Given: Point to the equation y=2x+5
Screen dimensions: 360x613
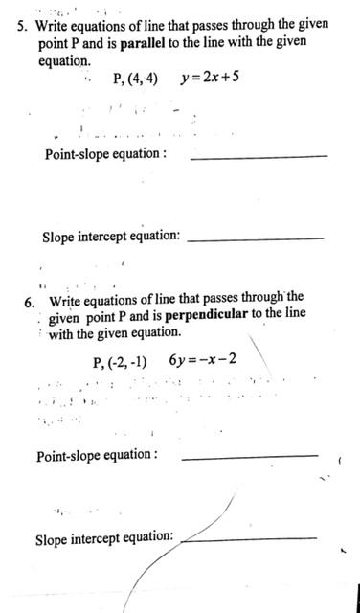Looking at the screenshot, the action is tap(210, 77).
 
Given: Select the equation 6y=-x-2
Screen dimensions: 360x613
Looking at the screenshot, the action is tap(202, 361).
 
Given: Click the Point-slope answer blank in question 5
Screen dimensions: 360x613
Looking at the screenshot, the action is tap(259, 157).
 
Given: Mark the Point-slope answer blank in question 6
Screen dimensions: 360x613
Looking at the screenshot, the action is tap(249, 457).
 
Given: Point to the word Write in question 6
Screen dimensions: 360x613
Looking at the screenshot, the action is tap(65, 301).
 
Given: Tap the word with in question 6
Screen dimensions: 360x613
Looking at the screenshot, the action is tap(61, 332).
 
